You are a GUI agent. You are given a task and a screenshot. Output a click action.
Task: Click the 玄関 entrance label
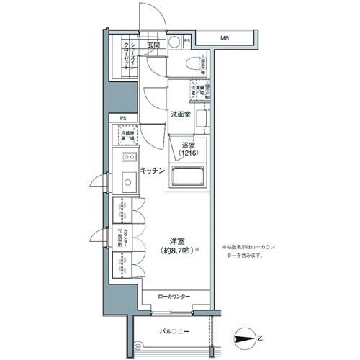(x=153, y=45)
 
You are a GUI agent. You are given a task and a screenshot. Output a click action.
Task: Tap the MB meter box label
(x=225, y=38)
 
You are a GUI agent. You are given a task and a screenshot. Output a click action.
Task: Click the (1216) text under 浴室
(x=187, y=153)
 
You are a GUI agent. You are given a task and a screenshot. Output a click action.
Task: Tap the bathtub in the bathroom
(x=187, y=177)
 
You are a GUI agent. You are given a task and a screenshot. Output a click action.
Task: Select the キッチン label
(x=153, y=171)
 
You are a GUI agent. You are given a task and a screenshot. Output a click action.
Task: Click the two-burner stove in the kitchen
(x=129, y=157)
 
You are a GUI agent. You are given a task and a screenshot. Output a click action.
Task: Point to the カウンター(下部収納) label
(x=124, y=238)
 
